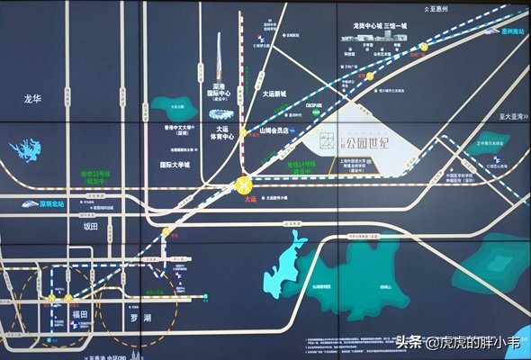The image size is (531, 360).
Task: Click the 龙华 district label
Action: tap(33, 99)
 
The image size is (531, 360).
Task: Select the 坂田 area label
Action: tap(89, 227)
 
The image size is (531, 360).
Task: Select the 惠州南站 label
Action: tap(511, 31)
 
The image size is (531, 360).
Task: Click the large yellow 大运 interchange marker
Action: tap(243, 185)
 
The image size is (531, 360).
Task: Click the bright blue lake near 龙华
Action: tap(27, 149)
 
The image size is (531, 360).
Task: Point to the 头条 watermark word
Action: tap(410, 342)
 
